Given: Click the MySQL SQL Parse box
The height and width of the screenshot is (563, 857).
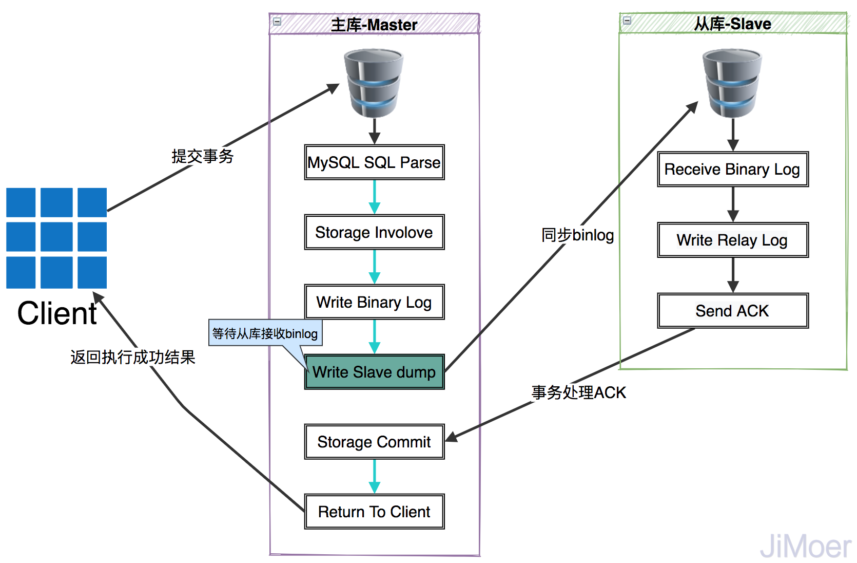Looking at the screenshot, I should (374, 162).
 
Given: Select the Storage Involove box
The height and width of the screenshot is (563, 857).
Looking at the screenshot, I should (374, 232).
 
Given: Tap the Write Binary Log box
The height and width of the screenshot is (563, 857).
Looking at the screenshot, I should (374, 302).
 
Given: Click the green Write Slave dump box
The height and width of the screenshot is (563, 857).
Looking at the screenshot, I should (374, 372).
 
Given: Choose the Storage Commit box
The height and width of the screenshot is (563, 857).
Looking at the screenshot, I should (374, 442).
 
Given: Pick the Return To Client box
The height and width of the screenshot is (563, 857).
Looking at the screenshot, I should (374, 512).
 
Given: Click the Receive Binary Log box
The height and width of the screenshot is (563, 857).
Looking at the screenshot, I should (732, 169).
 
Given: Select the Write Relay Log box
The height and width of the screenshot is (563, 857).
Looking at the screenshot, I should (732, 240).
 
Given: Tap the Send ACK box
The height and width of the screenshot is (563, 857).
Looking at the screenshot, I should (732, 311).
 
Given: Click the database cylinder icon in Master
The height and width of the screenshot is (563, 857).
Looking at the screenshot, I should (374, 83).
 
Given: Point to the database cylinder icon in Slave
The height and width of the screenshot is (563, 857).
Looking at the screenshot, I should (732, 83).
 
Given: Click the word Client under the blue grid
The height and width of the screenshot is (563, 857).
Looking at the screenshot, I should (57, 313).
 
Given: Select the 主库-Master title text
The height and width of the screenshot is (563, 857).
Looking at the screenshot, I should (374, 25).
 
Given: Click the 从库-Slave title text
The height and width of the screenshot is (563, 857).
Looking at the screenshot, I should (732, 24).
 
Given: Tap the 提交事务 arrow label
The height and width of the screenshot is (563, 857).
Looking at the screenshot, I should (203, 156).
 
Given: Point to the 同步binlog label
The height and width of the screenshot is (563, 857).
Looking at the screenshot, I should (578, 235).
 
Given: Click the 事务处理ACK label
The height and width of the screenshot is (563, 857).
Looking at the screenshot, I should (579, 392).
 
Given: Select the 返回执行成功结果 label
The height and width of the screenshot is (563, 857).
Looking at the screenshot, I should (133, 357).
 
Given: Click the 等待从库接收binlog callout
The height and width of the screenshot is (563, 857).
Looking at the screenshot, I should (265, 333).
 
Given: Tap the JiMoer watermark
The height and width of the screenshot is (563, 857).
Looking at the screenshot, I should (805, 547).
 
